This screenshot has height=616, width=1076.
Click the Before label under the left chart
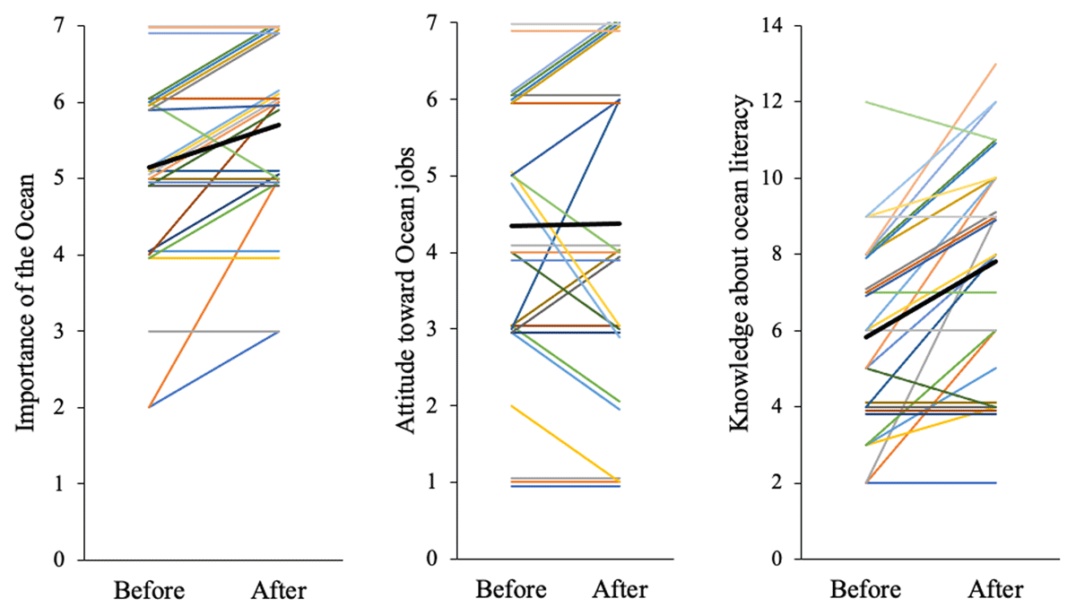[149, 591]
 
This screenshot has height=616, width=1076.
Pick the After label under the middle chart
[620, 591]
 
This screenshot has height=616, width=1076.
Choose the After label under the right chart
[995, 591]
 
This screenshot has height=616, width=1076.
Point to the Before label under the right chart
[865, 591]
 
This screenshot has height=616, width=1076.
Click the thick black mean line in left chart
[215, 146]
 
